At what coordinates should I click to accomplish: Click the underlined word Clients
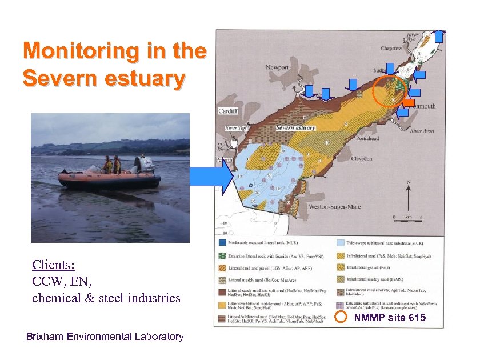coord(54,265)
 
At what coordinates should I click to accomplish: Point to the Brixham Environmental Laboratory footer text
coord(105,337)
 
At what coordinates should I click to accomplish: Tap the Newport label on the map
coord(277,67)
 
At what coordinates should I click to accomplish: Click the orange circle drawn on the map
coord(389,91)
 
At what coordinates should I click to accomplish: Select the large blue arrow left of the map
coord(211,175)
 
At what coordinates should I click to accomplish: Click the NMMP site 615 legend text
coord(390,318)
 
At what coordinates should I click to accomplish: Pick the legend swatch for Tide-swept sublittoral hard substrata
coord(340,242)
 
